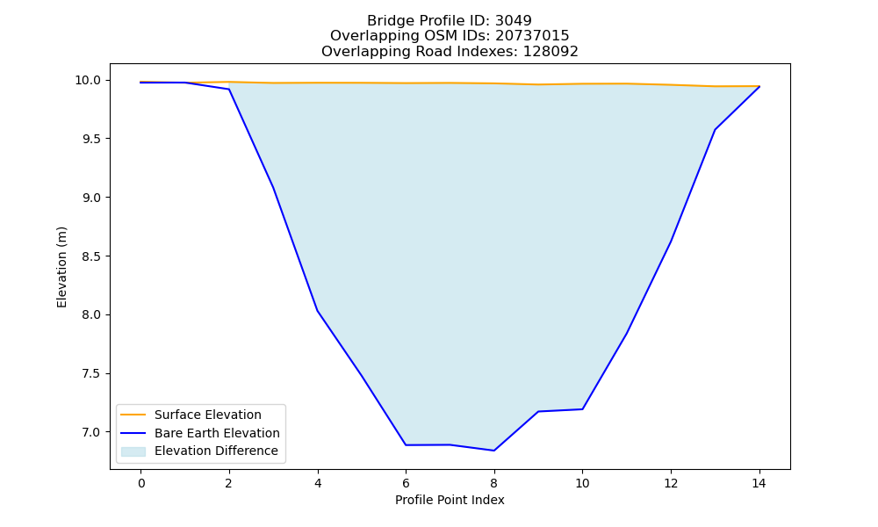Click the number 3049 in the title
[513, 21]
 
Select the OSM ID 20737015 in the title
[532, 36]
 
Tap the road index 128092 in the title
[551, 52]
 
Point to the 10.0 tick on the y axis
[88, 81]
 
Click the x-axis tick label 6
[406, 483]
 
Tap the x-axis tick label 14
[759, 483]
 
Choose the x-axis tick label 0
[141, 483]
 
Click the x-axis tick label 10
[582, 483]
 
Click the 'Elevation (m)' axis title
[61, 267]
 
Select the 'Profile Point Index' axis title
[450, 500]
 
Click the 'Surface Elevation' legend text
[208, 415]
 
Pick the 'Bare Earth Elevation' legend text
[217, 433]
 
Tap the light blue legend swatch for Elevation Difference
[133, 451]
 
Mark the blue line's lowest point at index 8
[493, 451]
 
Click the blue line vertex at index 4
[318, 311]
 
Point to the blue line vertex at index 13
[715, 130]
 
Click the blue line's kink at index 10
[582, 409]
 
